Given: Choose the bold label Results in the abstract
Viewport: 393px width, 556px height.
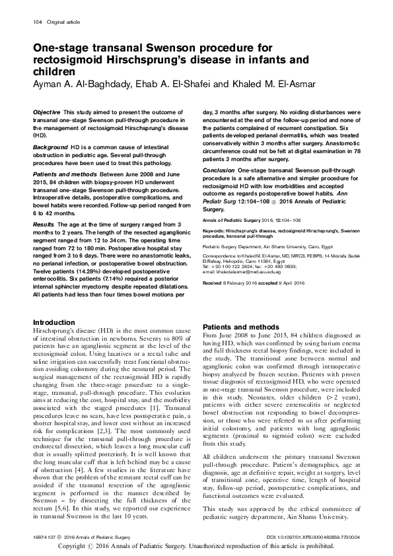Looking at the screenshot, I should [44, 225].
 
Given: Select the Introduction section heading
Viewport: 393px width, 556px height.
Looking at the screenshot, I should [54, 322].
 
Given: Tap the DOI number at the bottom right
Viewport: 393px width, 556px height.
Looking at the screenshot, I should [324, 539].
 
